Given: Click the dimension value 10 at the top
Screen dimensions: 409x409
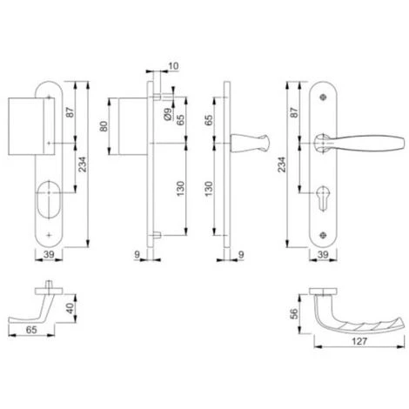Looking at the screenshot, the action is click(x=173, y=66).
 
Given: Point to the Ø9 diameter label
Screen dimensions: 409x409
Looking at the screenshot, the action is click(x=167, y=114).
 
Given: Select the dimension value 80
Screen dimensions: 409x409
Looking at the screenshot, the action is click(x=104, y=126).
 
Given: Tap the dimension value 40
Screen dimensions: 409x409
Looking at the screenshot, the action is click(x=70, y=308).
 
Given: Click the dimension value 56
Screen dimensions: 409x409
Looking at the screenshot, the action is click(x=294, y=313).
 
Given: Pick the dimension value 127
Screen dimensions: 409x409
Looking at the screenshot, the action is click(x=359, y=341).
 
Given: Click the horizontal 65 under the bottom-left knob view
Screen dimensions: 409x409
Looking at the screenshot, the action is click(x=31, y=330).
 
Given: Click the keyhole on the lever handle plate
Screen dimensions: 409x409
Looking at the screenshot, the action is click(x=323, y=198).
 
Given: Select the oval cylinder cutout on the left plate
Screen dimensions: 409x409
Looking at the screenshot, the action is click(x=49, y=199).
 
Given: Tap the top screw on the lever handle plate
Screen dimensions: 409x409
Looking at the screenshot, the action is click(x=323, y=97).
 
